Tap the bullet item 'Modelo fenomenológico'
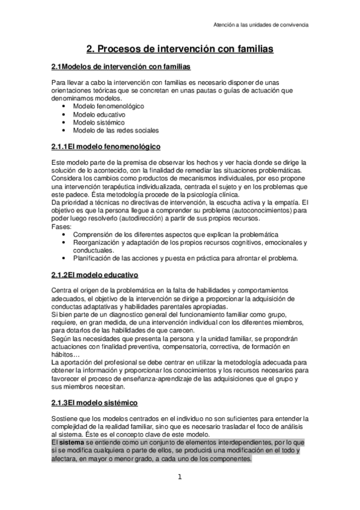(108, 106)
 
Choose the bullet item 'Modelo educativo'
(99, 114)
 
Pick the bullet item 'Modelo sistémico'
(99, 122)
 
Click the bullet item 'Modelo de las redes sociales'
(116, 130)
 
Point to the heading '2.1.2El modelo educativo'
(95, 275)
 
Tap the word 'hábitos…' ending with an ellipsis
(66, 354)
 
